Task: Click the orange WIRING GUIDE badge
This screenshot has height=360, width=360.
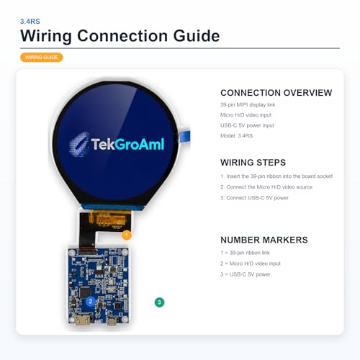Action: coord(41,58)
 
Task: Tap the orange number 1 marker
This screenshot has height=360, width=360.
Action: coord(127,235)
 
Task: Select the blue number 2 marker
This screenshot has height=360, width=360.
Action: coord(91,302)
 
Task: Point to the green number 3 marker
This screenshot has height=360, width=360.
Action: coord(159,302)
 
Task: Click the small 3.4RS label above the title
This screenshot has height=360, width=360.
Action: coord(30,22)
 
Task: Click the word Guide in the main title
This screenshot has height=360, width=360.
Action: coord(197,36)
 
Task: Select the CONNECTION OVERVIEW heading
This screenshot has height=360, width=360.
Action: coord(276,93)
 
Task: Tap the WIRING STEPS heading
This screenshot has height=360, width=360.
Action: coord(253,163)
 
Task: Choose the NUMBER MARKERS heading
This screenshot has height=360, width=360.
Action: coord(264,240)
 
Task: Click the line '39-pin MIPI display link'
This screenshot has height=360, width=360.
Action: coord(248,104)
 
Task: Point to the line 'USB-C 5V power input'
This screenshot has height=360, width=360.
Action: coord(247,125)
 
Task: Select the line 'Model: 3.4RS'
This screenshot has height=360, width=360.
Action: coord(236,135)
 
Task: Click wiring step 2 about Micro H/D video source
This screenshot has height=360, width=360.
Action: coord(266,187)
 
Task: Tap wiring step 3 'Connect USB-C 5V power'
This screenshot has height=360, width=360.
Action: coord(254,198)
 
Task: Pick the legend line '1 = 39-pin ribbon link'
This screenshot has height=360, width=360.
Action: coord(245,253)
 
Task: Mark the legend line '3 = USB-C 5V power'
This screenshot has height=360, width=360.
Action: coord(246,274)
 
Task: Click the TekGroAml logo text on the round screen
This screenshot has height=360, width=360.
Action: coord(127,144)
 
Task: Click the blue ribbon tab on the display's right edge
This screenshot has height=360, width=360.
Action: coord(184,136)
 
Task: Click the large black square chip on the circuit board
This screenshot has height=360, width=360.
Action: coord(85,292)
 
